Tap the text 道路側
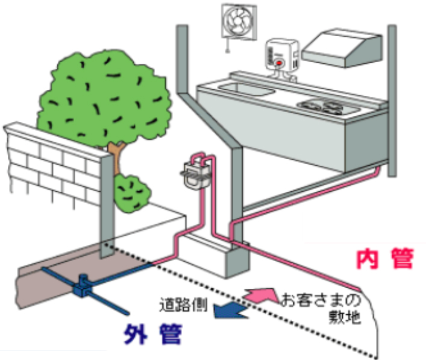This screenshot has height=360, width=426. click(184, 303)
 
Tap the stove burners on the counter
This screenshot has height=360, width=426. click(325, 107)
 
